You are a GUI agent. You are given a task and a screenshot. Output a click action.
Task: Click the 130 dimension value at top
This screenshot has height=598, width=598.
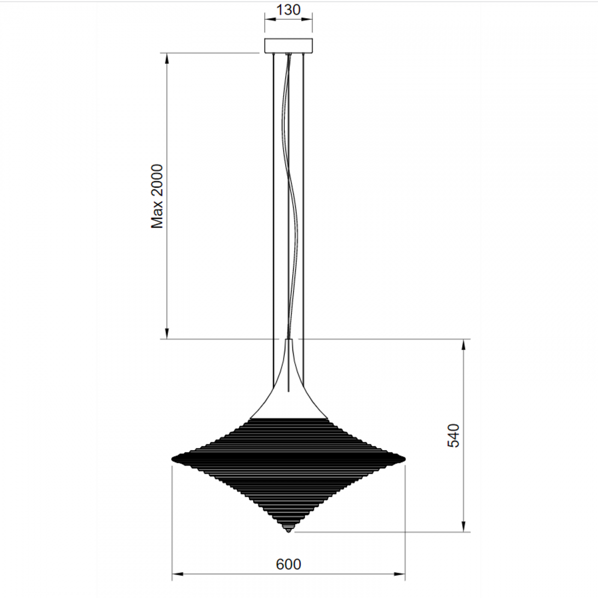tap(288, 9)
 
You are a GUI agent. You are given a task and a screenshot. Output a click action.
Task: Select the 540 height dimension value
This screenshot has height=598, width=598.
tap(453, 435)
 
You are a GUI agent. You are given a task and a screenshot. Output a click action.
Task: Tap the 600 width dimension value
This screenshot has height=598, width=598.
tap(288, 564)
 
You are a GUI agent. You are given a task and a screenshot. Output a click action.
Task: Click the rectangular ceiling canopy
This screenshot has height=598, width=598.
tap(288, 45)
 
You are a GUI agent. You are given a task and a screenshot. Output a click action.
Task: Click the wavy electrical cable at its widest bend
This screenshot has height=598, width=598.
tap(297, 225)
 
